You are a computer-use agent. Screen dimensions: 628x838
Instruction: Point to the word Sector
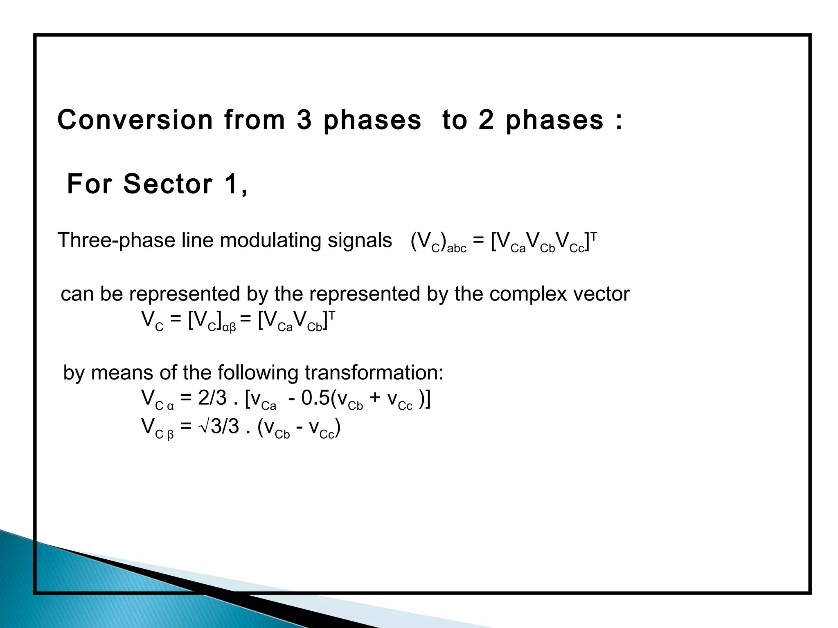coord(168,184)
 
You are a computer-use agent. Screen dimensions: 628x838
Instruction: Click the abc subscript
coord(457,249)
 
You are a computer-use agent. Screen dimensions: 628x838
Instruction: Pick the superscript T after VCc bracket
coord(594,236)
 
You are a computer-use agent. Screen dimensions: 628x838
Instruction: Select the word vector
coord(601,294)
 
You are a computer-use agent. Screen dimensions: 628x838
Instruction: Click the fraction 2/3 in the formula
coord(212,398)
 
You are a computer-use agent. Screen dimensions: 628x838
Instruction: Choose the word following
coord(258,372)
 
